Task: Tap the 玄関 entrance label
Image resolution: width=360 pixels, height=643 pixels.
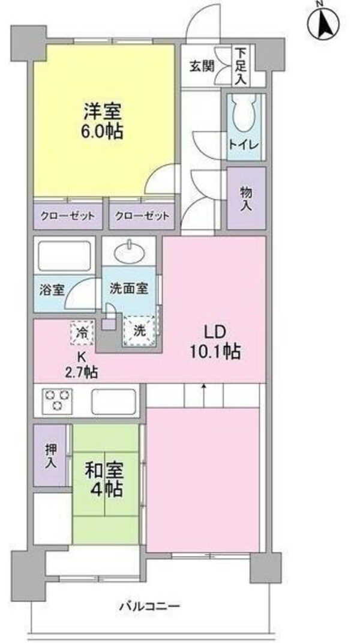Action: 203,65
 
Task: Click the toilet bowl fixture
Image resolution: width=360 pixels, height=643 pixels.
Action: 244,115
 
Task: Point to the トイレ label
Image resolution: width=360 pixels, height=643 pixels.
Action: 244,145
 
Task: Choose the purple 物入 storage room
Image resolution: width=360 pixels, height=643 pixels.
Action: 246,199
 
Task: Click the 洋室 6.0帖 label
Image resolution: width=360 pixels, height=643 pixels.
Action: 103,121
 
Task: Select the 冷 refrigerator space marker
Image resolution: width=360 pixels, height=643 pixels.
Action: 83,331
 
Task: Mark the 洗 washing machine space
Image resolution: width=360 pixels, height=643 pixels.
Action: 139,330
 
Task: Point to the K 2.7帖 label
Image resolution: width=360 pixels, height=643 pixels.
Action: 82,364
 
